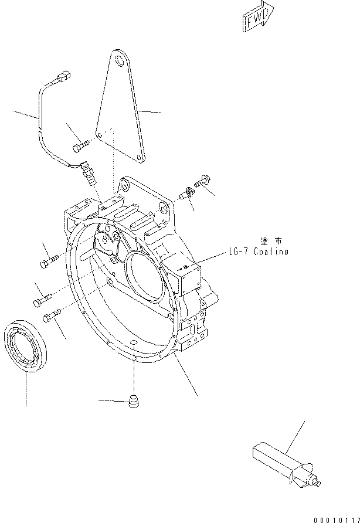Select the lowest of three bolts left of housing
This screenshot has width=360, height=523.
click(x=52, y=317)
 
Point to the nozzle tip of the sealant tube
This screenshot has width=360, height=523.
click(x=317, y=483)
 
